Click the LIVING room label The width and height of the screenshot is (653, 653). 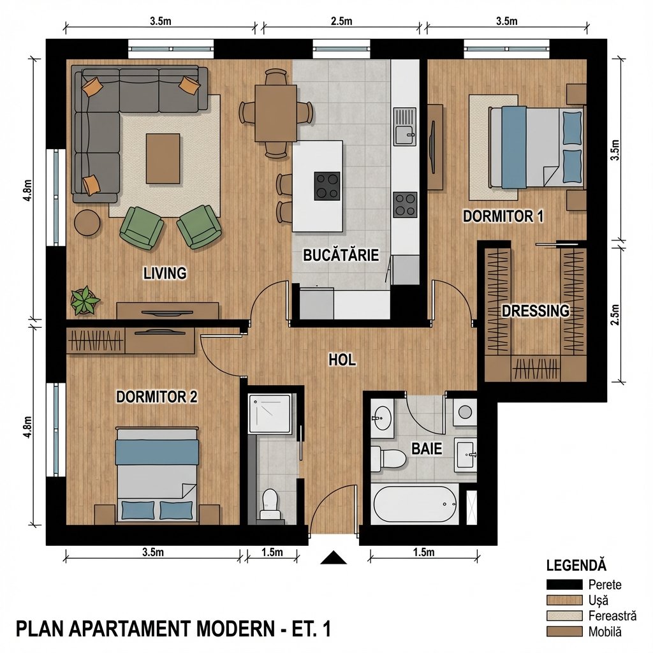pos(165,274)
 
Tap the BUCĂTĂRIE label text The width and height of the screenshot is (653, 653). pos(341,256)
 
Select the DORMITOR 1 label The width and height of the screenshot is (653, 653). pos(503,216)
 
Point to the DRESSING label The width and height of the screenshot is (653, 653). pos(535,311)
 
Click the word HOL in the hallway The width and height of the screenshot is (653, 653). pos(342,360)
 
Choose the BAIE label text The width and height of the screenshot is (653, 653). pos(427,448)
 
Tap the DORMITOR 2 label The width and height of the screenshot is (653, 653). pos(156,397)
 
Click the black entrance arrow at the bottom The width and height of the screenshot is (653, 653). pos(333,558)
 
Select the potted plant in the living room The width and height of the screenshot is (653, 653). pos(85,300)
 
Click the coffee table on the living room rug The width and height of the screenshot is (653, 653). pos(163,158)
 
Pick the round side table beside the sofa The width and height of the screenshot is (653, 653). pos(87,223)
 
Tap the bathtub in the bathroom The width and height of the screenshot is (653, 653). pos(415,504)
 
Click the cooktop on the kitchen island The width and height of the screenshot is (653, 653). pos(327,186)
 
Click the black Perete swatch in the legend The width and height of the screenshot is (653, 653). pos(564,584)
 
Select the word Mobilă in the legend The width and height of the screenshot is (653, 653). pos(605,632)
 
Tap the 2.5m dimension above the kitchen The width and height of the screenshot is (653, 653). pos(341,21)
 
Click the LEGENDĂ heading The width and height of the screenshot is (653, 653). pos(576,566)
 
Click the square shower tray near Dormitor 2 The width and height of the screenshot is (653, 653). pos(272,413)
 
